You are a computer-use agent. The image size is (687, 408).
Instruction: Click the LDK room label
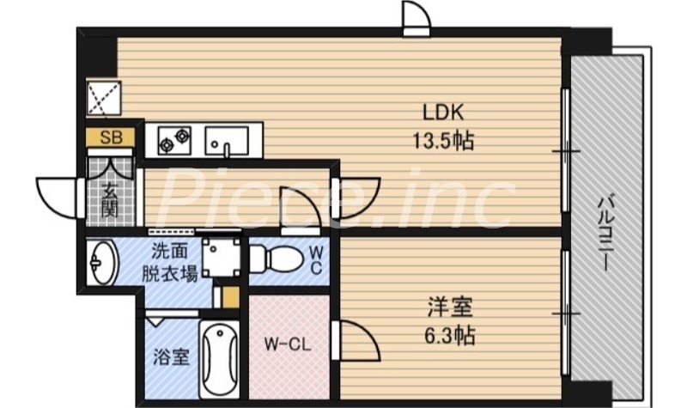click(x=443, y=113)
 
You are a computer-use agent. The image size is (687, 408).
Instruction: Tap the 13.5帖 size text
click(x=443, y=140)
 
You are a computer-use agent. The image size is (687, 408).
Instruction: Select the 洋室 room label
click(x=448, y=307)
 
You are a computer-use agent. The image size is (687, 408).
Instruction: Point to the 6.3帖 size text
click(x=448, y=334)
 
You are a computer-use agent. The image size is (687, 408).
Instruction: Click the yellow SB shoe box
click(x=111, y=137)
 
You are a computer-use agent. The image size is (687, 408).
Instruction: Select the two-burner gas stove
click(x=173, y=139)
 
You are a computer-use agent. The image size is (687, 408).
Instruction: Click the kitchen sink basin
click(x=226, y=139)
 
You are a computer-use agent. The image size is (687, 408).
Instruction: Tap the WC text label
click(x=316, y=259)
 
